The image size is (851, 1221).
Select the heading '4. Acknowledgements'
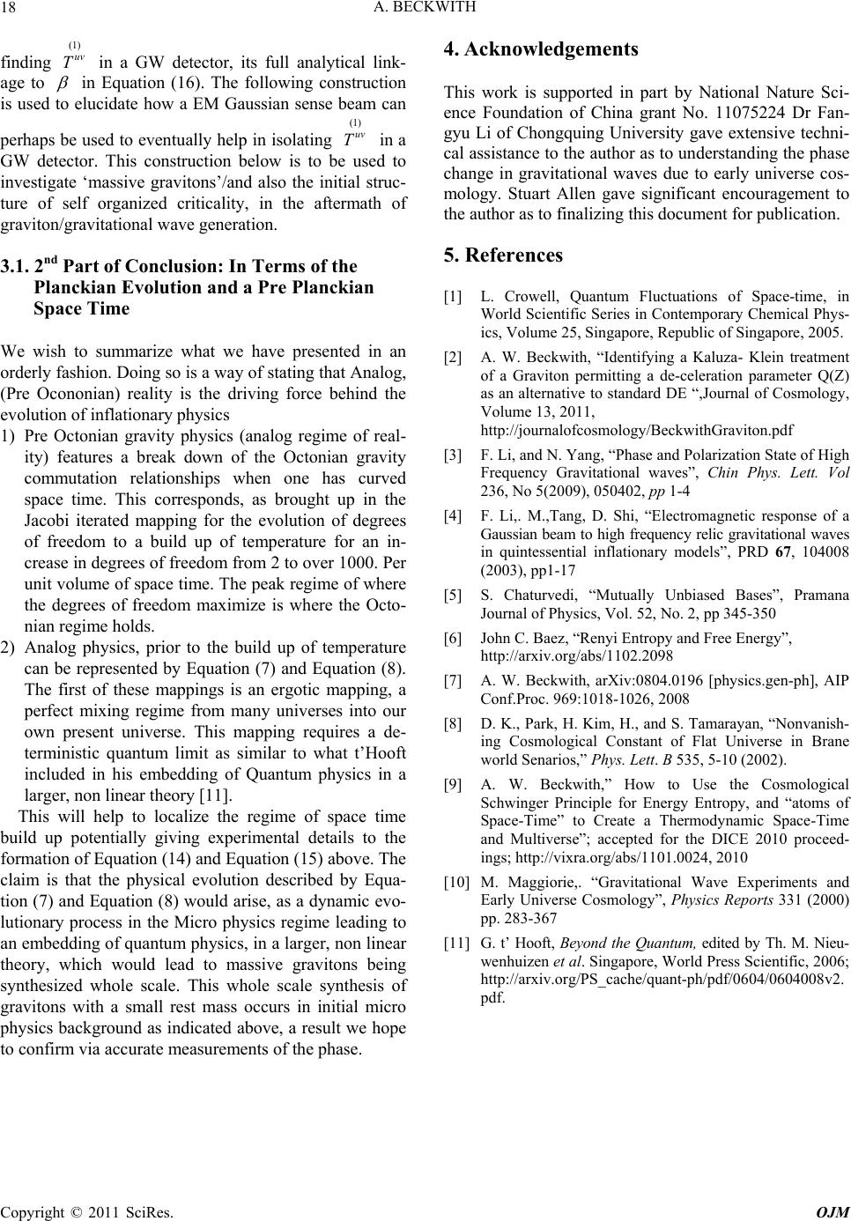click(x=541, y=49)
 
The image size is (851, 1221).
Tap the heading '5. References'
click(x=503, y=255)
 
